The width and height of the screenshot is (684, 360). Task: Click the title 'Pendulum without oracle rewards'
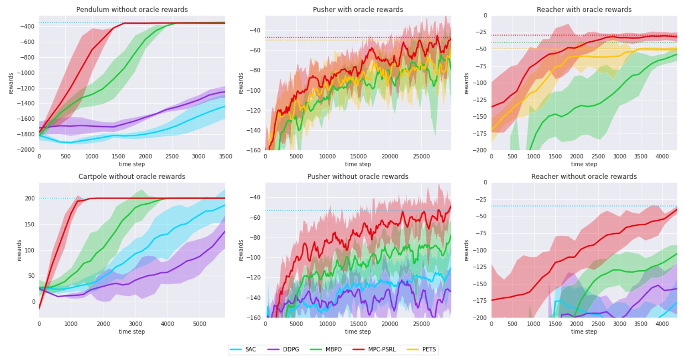coord(132,9)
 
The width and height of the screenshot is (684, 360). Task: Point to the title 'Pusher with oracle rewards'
coord(358,9)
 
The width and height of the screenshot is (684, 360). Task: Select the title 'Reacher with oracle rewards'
coord(584,9)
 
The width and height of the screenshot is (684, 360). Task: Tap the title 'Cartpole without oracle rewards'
coord(132,176)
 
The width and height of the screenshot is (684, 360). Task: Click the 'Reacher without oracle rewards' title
coord(584,176)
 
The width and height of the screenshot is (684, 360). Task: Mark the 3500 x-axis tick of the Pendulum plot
coord(225,157)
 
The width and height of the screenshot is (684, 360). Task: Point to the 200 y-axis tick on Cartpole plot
coord(30,198)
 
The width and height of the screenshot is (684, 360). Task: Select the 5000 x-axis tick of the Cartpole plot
coord(199,324)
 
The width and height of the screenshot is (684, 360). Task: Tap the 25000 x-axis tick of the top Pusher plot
coord(421,157)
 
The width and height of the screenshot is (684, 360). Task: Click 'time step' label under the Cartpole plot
coord(132,332)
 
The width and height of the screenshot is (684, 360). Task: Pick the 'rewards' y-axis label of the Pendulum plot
coord(11,83)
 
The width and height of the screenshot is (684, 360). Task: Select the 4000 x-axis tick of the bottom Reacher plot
coord(662,324)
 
